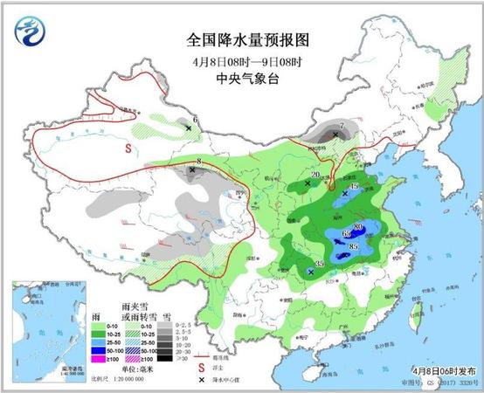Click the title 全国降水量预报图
pos(247,40)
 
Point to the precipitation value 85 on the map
pos(354,247)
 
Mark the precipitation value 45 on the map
pos(353,187)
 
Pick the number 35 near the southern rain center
pos(319,264)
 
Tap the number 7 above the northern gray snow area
pos(341,126)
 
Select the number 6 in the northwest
pos(195,119)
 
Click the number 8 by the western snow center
pos(199,162)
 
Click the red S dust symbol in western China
pos(128,149)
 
